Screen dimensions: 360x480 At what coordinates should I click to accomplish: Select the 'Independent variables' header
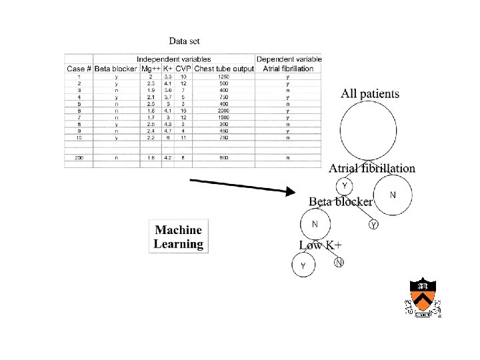(174, 59)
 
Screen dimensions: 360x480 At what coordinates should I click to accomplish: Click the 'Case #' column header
(79, 68)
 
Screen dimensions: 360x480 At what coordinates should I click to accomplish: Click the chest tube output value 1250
(223, 77)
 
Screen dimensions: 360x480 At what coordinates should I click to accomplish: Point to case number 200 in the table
(79, 158)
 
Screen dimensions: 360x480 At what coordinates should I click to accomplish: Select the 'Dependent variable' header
(289, 59)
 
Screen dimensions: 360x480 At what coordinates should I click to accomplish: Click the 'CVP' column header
(183, 68)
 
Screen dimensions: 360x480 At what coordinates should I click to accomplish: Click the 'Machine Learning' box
(178, 237)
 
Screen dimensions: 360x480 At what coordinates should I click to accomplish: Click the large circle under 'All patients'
(370, 131)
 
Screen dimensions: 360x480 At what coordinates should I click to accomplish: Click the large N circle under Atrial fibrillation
(392, 195)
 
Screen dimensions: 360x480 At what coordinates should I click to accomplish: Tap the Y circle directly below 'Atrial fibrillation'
(344, 185)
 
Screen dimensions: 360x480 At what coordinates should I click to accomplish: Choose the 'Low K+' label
(320, 245)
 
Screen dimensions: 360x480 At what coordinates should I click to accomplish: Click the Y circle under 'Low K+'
(303, 265)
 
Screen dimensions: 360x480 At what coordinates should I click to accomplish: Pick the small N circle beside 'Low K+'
(339, 262)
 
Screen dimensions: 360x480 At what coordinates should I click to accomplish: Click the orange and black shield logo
(423, 298)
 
